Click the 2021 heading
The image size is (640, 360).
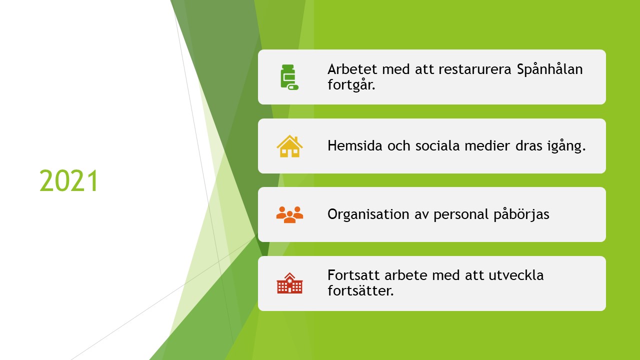coord(69,181)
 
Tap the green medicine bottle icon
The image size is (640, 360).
coord(289,77)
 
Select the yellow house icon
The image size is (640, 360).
coord(289,146)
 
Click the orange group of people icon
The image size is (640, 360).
coord(289,214)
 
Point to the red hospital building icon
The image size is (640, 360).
coord(289,283)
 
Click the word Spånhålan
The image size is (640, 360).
coord(549,69)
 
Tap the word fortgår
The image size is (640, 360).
coord(351,85)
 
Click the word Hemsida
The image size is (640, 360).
coord(354,145)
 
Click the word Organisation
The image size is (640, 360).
coord(368,215)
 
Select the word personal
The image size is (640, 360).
coord(461,215)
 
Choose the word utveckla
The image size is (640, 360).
coord(516,275)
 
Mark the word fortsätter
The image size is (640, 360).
coord(360,291)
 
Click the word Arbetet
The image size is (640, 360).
coord(352,69)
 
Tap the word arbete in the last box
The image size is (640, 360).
coord(405,275)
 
